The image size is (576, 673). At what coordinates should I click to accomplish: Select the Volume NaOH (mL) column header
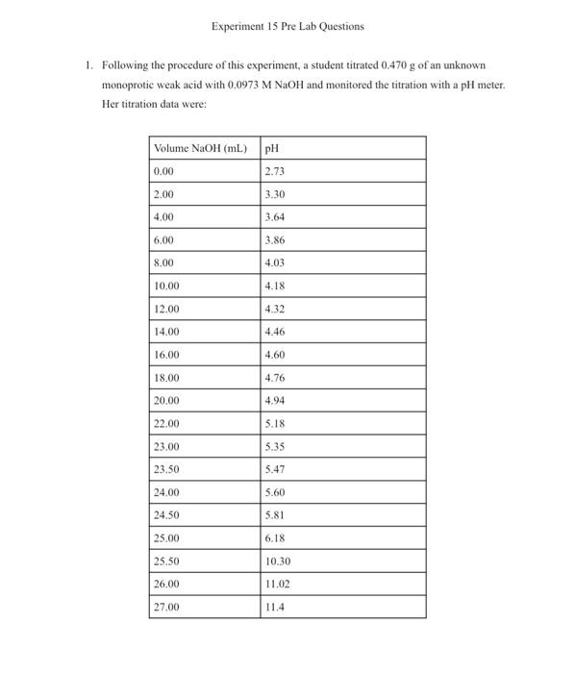[x=200, y=148]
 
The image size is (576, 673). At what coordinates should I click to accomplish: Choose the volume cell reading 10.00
[x=166, y=286]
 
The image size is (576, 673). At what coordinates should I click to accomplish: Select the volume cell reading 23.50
[x=166, y=469]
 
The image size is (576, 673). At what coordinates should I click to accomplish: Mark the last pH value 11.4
[x=274, y=608]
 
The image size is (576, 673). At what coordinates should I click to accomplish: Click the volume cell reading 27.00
[x=166, y=608]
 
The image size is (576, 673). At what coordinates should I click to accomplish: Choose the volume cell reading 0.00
[x=163, y=171]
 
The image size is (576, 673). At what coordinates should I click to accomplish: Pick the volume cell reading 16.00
[x=166, y=355]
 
